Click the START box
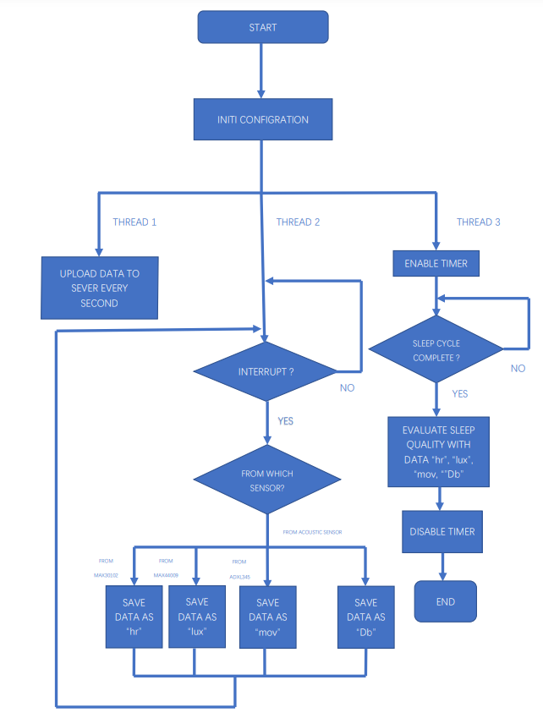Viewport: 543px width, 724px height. click(x=262, y=28)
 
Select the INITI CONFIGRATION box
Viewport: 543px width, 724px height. click(x=262, y=119)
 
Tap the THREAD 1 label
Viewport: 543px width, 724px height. click(x=134, y=222)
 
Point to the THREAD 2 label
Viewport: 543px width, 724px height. click(x=298, y=222)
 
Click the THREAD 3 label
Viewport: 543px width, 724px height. click(x=479, y=222)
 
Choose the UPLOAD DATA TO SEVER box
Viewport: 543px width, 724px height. click(x=99, y=288)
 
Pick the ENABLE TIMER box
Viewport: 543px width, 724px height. click(x=436, y=264)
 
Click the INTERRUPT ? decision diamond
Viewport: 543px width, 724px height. click(x=266, y=371)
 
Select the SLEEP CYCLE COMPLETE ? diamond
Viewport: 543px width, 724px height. click(x=436, y=348)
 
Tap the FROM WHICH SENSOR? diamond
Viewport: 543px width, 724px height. click(x=267, y=480)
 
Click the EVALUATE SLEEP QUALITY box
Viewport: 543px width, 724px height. click(x=438, y=451)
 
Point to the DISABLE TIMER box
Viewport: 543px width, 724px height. click(x=442, y=532)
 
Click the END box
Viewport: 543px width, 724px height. click(x=445, y=601)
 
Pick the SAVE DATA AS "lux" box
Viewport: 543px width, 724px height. click(x=196, y=617)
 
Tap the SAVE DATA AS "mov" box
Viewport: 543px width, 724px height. click(x=267, y=617)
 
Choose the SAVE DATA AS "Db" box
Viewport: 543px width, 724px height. click(x=365, y=617)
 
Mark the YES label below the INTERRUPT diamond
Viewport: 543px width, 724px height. click(x=285, y=421)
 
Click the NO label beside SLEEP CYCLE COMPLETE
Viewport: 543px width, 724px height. click(x=518, y=369)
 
